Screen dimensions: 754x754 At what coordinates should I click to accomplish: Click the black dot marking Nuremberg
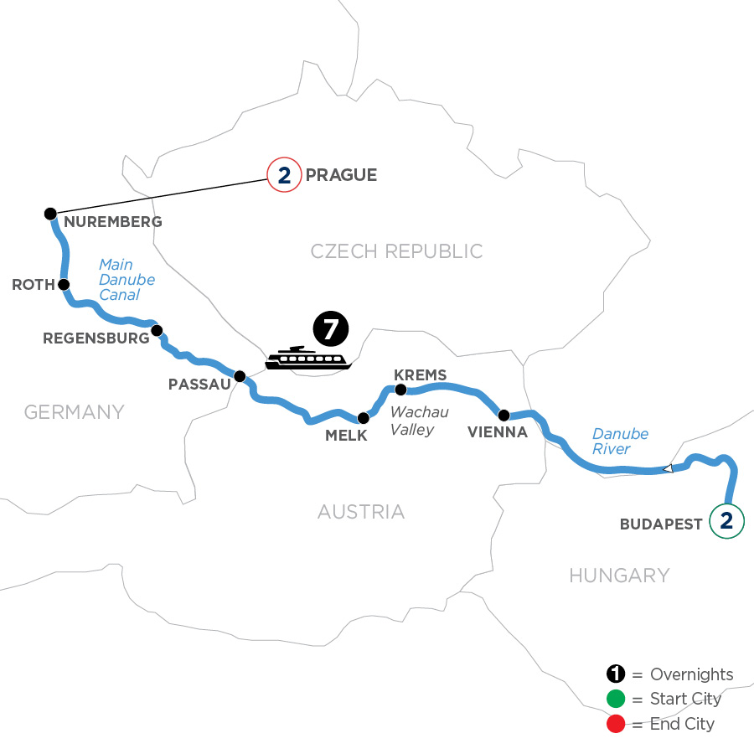(x=49, y=214)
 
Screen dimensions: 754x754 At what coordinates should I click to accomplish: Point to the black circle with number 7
(x=329, y=328)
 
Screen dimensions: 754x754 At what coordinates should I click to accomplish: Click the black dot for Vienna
(x=504, y=415)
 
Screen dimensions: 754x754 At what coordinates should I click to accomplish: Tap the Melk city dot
(x=363, y=418)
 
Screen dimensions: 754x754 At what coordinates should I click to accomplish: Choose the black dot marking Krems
(x=400, y=390)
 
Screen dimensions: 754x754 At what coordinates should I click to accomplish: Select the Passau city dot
(x=239, y=376)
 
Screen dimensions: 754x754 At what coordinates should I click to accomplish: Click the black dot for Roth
(x=63, y=284)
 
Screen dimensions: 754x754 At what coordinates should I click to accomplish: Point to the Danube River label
(x=620, y=441)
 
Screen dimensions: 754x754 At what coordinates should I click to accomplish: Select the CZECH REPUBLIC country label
(x=396, y=251)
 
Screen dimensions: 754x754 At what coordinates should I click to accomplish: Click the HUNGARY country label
(x=619, y=575)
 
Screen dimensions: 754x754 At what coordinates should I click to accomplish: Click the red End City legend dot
(x=616, y=724)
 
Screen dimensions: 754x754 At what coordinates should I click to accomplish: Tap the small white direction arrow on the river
(x=668, y=469)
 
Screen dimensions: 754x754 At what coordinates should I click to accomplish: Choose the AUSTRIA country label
(x=361, y=511)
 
